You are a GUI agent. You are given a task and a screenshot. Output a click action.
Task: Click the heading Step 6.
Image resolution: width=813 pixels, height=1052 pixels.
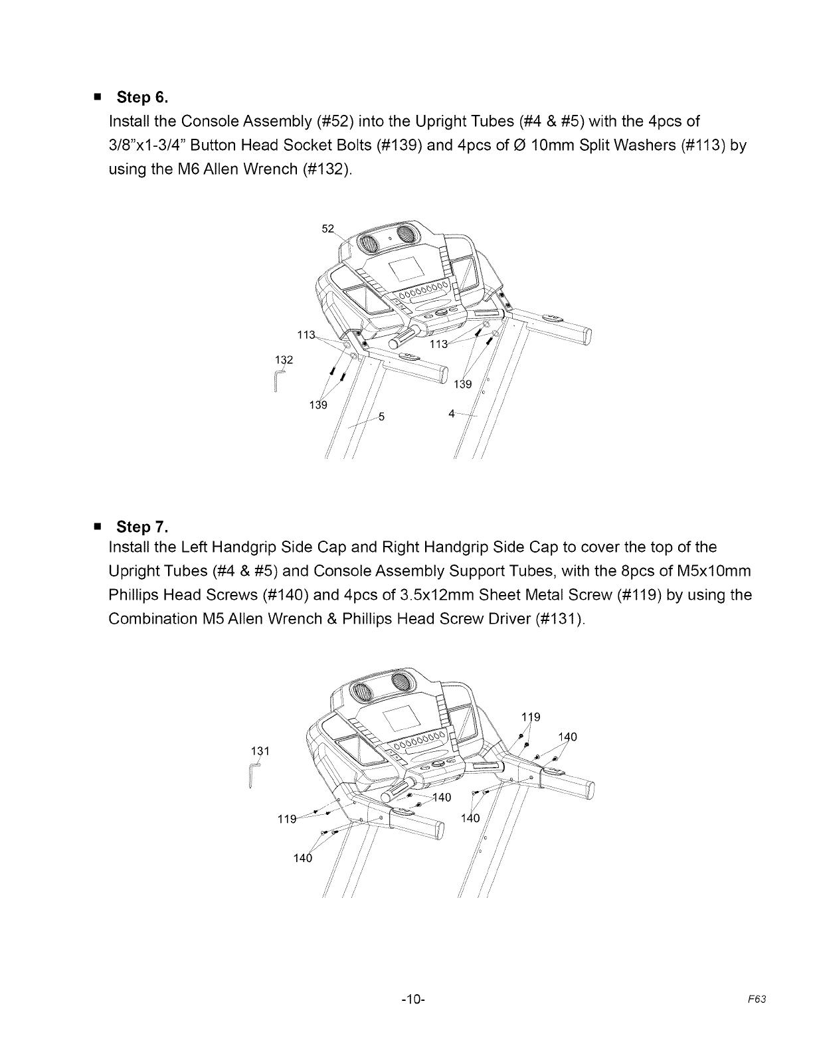point(142,98)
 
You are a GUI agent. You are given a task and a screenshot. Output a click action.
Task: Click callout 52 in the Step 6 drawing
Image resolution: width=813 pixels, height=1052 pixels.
point(327,229)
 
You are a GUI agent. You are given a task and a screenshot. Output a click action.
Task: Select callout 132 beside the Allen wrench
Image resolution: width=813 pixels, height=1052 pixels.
point(284,359)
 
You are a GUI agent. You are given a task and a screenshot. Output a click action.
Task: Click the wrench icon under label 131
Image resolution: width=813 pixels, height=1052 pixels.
point(253,775)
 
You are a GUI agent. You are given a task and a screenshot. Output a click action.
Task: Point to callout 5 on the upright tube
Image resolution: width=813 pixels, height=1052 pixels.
point(381,417)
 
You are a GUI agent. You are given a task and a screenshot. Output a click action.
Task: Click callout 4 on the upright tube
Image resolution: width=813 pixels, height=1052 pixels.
point(452,413)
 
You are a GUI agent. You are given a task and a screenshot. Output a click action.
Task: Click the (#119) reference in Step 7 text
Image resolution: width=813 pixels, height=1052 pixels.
point(638,595)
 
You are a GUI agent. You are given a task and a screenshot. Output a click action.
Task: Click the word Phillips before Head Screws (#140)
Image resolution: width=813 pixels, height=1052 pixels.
point(134,595)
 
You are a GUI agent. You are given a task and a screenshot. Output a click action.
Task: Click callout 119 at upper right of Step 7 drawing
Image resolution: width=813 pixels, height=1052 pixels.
point(531,717)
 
